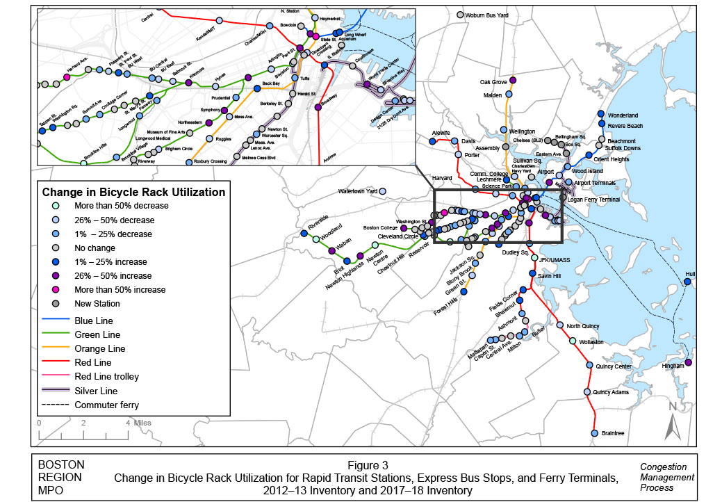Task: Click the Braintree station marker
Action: click(594, 433)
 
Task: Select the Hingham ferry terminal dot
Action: click(688, 362)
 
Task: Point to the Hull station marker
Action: click(690, 283)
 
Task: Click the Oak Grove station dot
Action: click(512, 79)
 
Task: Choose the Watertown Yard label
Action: click(357, 191)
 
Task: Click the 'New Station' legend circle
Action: click(56, 303)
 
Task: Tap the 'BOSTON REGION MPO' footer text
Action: click(61, 478)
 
